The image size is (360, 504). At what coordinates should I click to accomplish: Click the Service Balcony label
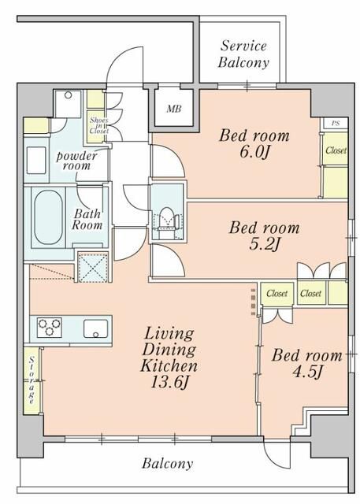(x=243, y=54)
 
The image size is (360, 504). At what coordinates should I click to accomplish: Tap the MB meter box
(x=174, y=109)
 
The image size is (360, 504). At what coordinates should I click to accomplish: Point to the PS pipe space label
(x=336, y=123)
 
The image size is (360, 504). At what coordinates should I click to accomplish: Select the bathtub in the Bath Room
(x=48, y=217)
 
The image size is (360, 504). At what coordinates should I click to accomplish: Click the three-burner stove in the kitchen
(x=49, y=328)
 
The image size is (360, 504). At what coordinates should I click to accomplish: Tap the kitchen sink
(x=96, y=328)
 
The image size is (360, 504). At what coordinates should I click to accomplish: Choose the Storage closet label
(x=32, y=380)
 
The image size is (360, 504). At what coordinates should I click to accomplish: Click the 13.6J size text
(x=169, y=383)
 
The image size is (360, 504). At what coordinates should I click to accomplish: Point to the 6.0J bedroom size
(x=254, y=152)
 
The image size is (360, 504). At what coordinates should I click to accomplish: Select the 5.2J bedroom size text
(x=265, y=245)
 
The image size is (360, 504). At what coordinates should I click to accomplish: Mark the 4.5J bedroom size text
(x=307, y=372)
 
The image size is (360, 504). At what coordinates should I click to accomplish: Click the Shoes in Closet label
(x=99, y=125)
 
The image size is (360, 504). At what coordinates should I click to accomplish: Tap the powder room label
(x=76, y=161)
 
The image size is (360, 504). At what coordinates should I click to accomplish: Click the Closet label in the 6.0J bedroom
(x=336, y=150)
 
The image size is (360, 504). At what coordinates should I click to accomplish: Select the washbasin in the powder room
(x=36, y=161)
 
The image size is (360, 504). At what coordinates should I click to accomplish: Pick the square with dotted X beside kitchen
(x=93, y=268)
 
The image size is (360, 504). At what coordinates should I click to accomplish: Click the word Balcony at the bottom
(x=168, y=464)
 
